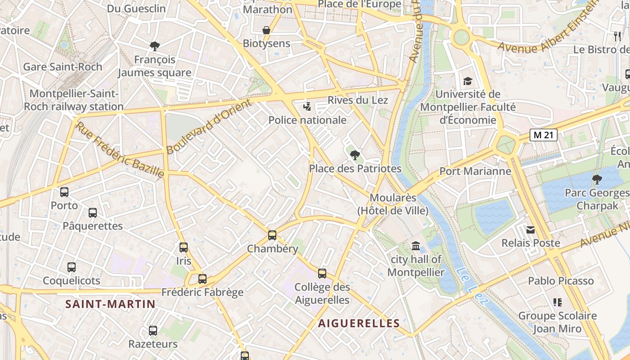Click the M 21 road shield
click(x=543, y=135)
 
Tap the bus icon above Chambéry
click(x=272, y=235)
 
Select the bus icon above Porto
click(x=64, y=192)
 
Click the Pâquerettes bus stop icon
click(x=93, y=212)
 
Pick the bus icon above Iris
click(x=184, y=247)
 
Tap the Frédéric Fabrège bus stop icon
click(x=202, y=279)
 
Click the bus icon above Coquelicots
click(x=72, y=267)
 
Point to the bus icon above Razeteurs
click(x=153, y=331)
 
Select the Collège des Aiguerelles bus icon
click(x=322, y=273)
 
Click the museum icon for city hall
click(x=416, y=246)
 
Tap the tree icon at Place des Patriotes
click(x=355, y=155)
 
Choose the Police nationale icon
click(x=307, y=107)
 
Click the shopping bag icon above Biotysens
click(x=266, y=30)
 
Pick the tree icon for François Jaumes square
click(x=155, y=46)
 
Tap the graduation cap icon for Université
click(x=468, y=81)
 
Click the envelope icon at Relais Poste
click(x=531, y=230)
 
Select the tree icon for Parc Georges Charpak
click(x=597, y=180)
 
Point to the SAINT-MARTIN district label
click(x=110, y=304)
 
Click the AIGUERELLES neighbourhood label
click(x=359, y=323)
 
